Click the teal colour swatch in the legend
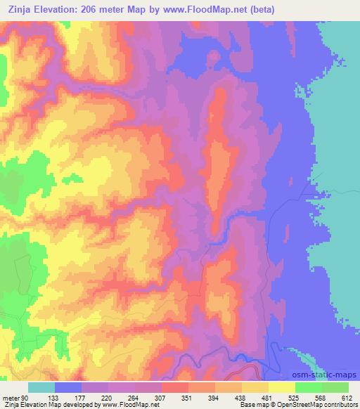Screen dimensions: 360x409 (x=41, y=387)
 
